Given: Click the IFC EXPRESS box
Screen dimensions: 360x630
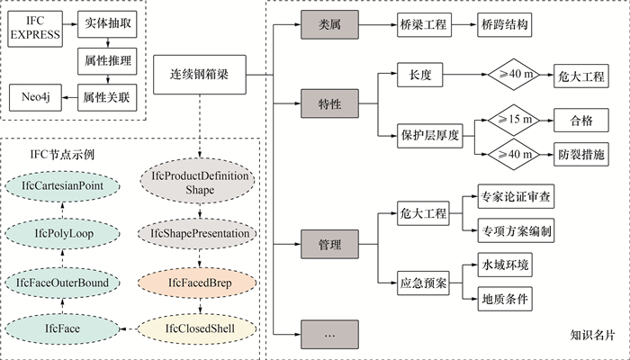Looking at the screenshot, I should (35, 28).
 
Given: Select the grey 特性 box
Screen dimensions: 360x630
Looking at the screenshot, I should (328, 104).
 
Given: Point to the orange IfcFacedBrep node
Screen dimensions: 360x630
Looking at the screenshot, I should (200, 283).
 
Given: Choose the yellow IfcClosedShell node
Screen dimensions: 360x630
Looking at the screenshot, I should (200, 329).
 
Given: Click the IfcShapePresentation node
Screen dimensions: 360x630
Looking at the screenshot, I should (200, 234).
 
